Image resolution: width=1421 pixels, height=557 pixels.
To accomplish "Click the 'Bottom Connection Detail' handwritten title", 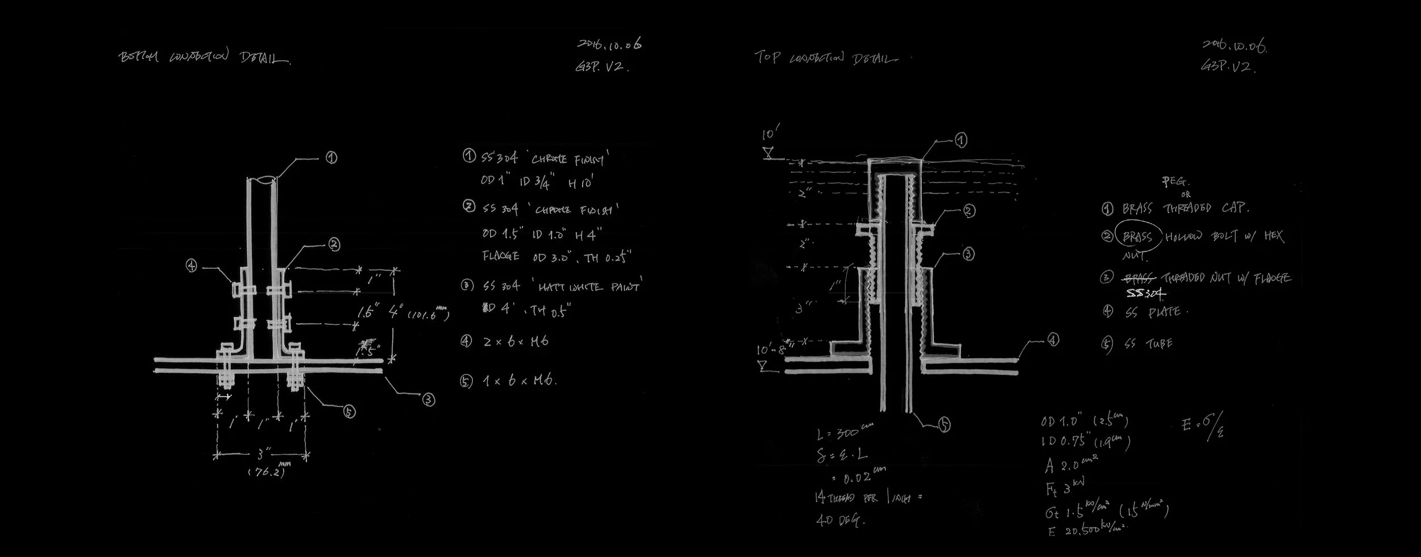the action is click(205, 58).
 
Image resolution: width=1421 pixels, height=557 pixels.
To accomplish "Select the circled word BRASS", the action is click(1137, 236).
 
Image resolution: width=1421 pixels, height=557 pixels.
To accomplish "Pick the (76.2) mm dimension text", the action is click(265, 472).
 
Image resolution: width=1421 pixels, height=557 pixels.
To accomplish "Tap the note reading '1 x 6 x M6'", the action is click(518, 380).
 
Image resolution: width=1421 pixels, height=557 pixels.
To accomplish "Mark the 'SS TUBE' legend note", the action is click(1148, 344).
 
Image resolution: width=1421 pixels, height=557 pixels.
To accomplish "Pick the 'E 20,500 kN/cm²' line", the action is click(1086, 530).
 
